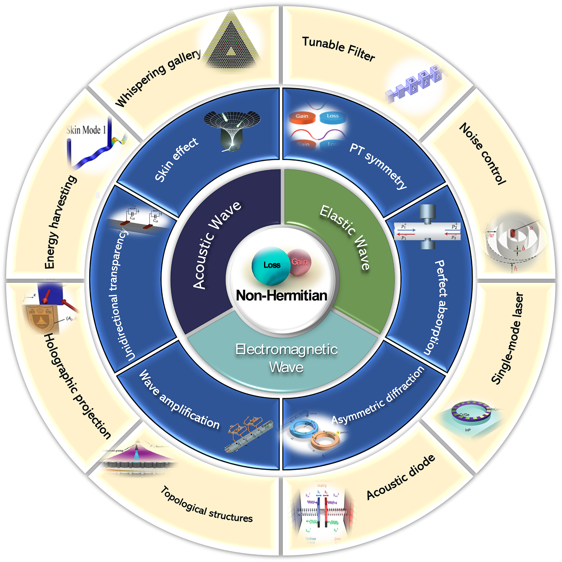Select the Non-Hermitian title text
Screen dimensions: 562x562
click(282, 296)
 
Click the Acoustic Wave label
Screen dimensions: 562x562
click(216, 245)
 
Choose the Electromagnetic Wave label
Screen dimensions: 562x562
click(287, 358)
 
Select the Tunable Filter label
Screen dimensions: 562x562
click(338, 49)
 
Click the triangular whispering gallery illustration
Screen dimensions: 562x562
click(231, 42)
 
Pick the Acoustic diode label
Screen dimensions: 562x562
click(401, 477)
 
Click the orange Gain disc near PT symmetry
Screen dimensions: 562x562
click(302, 117)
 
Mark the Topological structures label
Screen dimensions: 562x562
click(206, 505)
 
